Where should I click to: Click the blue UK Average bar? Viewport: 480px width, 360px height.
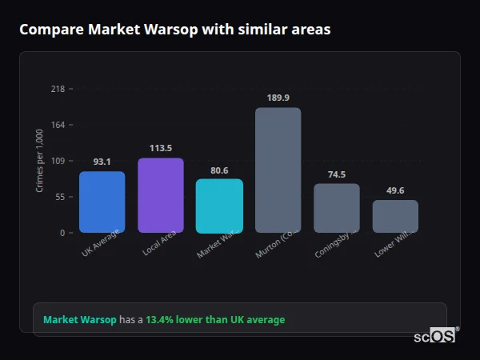pos(102,202)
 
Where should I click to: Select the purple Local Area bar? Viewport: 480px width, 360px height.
pos(161,195)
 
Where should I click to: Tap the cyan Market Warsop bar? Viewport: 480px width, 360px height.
pos(219,206)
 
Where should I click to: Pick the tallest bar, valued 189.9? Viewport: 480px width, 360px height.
pos(278,170)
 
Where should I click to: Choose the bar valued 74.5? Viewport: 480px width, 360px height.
pos(336,208)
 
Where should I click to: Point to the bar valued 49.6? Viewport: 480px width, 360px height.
pos(395,216)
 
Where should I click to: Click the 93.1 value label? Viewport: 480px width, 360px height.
pos(102,162)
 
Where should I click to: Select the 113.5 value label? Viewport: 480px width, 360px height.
pos(161,148)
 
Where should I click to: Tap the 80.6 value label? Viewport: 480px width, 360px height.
pos(219,170)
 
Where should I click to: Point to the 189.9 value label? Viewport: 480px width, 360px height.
pos(278,98)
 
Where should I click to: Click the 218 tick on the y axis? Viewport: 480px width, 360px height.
pos(58,89)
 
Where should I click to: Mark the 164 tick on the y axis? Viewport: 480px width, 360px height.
pos(58,125)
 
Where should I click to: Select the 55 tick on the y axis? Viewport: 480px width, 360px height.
pos(59,197)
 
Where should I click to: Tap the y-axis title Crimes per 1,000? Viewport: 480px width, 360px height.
pos(40,161)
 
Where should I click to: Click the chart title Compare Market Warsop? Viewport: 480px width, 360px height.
pos(174,29)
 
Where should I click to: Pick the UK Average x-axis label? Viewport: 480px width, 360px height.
pos(101,242)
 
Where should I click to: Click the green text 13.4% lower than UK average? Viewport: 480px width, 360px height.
pos(214,320)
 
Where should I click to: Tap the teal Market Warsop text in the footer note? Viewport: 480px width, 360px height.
pos(79,320)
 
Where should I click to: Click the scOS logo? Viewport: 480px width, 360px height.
pos(435,336)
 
